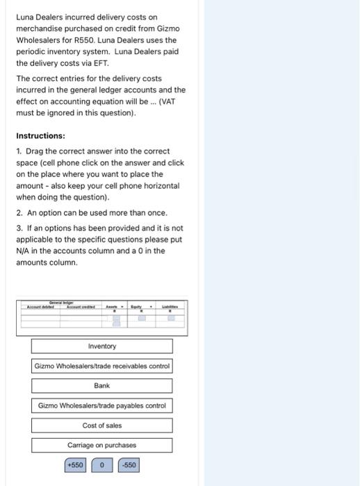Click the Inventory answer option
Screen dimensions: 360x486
pyautogui.click(x=101, y=346)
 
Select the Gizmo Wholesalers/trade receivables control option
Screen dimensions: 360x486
pyautogui.click(x=101, y=366)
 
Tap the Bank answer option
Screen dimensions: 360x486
pyautogui.click(x=101, y=385)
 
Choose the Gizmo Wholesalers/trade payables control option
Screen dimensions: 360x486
pyautogui.click(x=101, y=405)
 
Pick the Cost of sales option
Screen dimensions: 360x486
pyautogui.click(x=101, y=426)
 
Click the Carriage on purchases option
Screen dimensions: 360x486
pyautogui.click(x=101, y=445)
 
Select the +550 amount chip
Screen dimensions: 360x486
pyautogui.click(x=74, y=464)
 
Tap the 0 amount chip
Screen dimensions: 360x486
pyautogui.click(x=101, y=464)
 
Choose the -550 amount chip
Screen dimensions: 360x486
pyautogui.click(x=129, y=464)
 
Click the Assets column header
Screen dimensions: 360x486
pyautogui.click(x=112, y=306)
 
